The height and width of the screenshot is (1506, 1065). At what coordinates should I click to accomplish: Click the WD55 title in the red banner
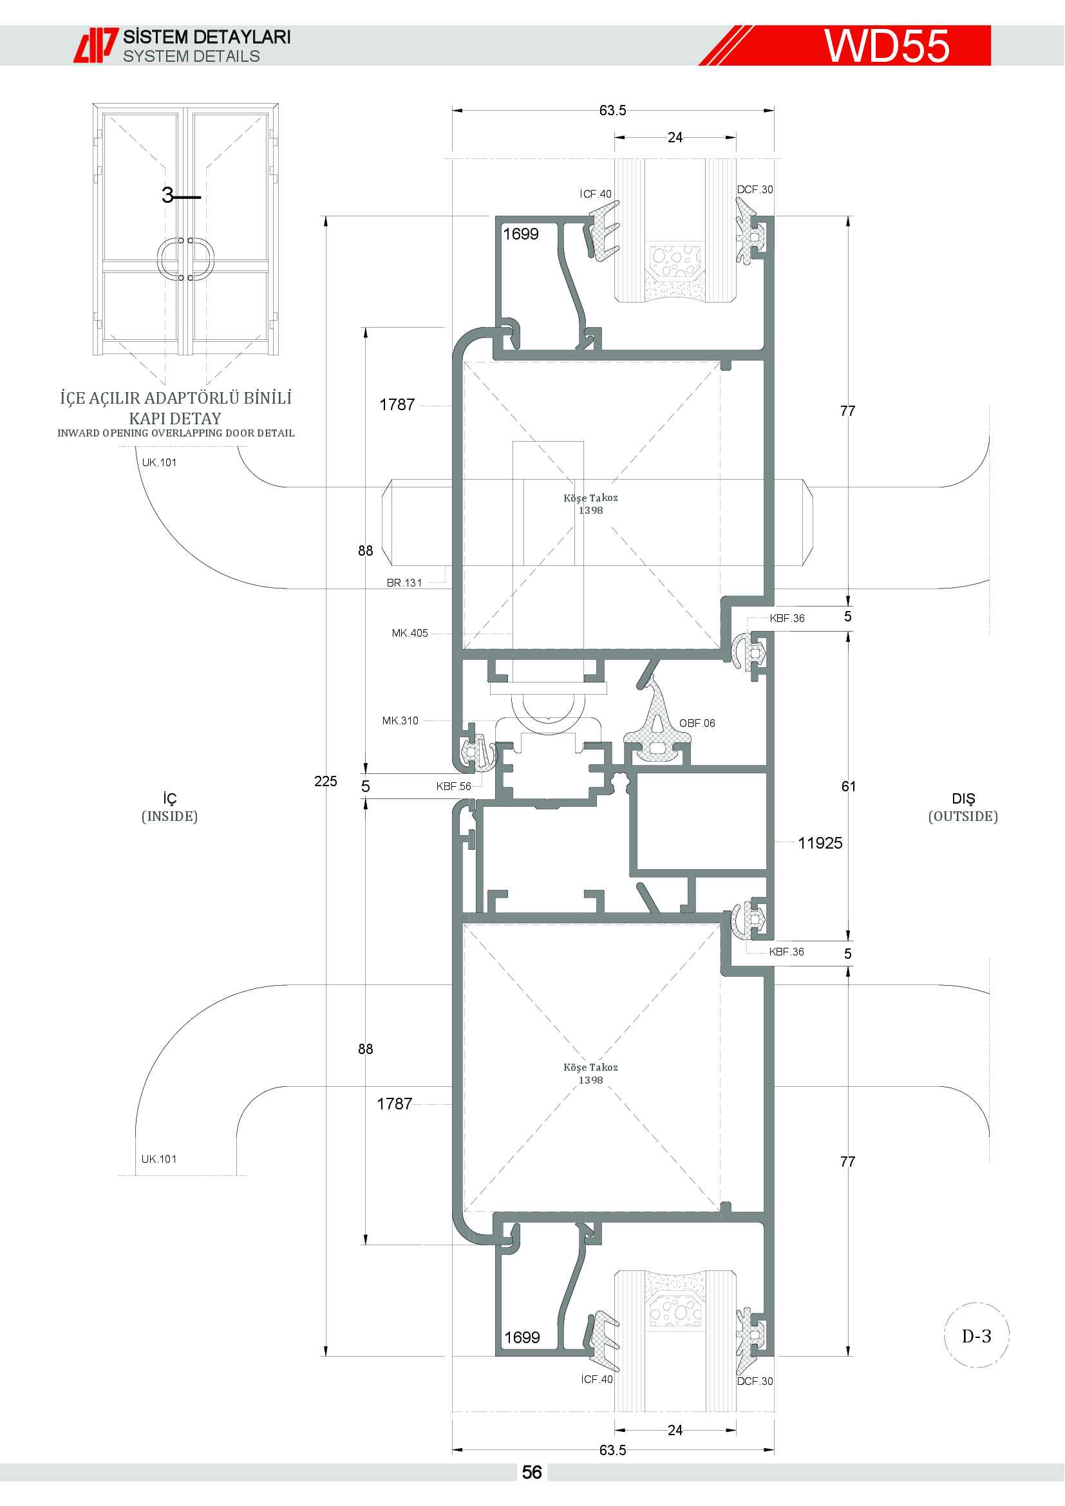887,46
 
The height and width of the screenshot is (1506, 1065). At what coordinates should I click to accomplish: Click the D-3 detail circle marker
977,1335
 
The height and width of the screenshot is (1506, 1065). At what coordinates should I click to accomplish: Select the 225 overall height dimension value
325,781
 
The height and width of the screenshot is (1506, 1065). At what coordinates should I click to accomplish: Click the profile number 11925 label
820,843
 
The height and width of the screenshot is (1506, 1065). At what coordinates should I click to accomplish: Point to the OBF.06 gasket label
697,723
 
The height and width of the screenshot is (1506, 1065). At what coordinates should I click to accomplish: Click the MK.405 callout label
410,633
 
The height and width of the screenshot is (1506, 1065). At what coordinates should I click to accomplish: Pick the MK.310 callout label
400,720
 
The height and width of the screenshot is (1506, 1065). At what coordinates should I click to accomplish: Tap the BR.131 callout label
404,583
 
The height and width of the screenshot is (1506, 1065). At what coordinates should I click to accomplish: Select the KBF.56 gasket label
454,786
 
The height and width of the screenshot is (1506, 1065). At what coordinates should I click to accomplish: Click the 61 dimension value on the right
849,786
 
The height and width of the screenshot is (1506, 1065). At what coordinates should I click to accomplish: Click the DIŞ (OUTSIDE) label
963,807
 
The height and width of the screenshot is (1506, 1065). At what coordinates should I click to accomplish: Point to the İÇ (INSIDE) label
170,807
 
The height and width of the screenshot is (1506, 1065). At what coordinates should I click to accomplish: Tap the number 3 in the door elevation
168,195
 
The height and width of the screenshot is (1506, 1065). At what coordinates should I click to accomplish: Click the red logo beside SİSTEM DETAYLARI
96,45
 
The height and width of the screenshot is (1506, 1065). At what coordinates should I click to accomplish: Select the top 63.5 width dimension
612,110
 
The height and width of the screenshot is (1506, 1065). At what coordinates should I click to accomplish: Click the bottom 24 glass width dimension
675,1430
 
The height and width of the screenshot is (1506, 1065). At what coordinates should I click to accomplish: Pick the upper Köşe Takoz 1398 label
590,504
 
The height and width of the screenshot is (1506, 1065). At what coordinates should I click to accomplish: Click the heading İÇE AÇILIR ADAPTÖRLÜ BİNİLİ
176,397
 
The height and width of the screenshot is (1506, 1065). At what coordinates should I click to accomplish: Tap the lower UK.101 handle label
158,1159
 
